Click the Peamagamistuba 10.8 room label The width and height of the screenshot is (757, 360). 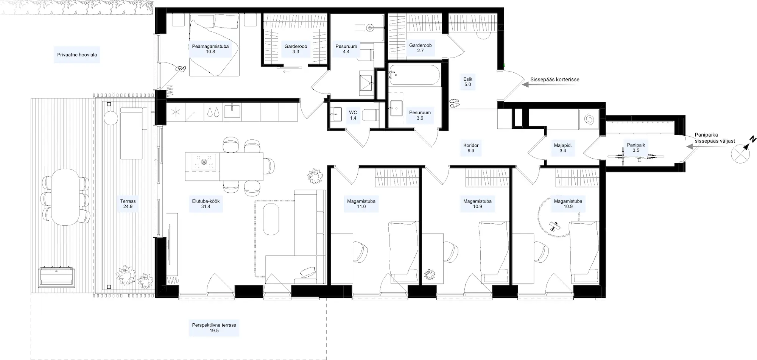(x=210, y=49)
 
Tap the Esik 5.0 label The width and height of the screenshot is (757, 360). (x=468, y=82)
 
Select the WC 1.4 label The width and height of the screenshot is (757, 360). (x=353, y=115)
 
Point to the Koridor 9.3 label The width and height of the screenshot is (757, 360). (x=471, y=148)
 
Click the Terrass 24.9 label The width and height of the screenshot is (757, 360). (x=128, y=204)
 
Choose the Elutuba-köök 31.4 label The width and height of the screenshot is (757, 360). (x=206, y=204)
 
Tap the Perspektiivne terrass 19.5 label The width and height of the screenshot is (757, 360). (x=214, y=327)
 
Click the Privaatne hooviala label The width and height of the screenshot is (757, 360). (x=77, y=55)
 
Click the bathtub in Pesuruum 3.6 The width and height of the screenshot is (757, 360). (x=414, y=75)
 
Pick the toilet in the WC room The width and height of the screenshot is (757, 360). (x=371, y=115)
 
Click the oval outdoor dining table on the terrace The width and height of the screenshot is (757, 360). (x=65, y=197)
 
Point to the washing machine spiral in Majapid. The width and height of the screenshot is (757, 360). (x=589, y=119)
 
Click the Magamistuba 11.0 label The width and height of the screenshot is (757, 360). (x=361, y=204)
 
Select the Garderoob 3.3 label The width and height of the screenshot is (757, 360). (x=296, y=49)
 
